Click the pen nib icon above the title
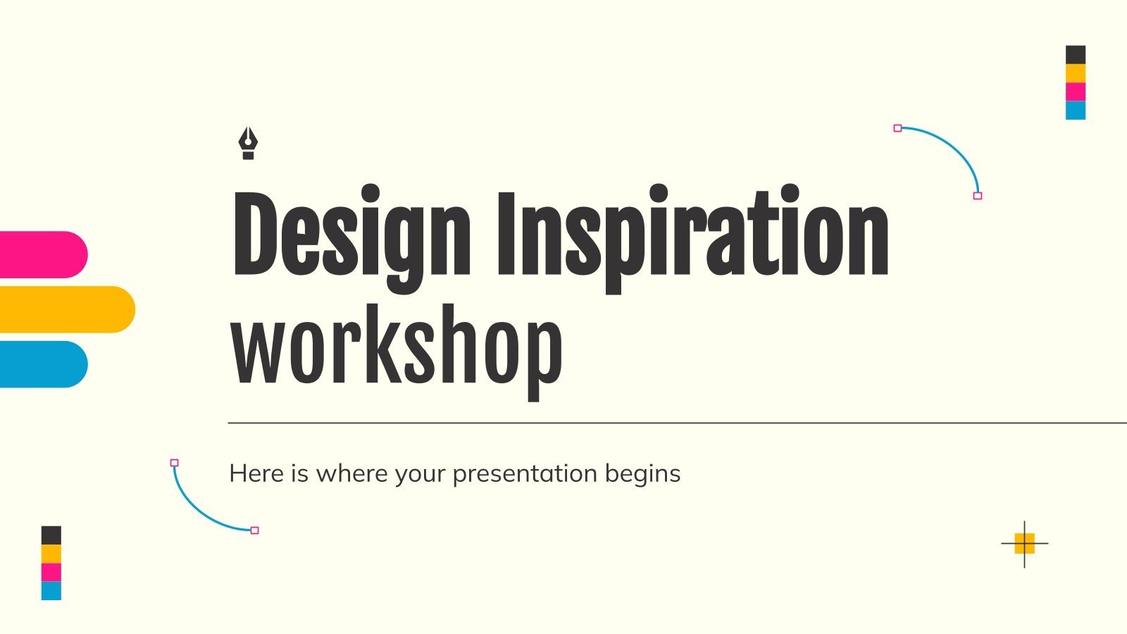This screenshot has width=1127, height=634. [247, 143]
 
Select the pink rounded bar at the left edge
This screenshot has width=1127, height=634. [42, 254]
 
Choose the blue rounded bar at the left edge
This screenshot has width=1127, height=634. [42, 364]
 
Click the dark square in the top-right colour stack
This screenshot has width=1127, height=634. [1075, 55]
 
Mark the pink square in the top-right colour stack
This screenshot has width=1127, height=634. [1075, 92]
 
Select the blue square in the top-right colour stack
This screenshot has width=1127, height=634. [1075, 111]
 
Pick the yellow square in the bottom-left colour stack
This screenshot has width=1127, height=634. [51, 554]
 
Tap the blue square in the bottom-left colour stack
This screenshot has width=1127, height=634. [51, 590]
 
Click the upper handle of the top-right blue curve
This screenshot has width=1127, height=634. [897, 128]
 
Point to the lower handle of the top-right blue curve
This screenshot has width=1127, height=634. [977, 196]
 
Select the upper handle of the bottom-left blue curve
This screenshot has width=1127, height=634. [175, 463]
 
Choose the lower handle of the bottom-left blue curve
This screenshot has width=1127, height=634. [255, 530]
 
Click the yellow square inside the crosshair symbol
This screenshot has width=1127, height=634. [1024, 543]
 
